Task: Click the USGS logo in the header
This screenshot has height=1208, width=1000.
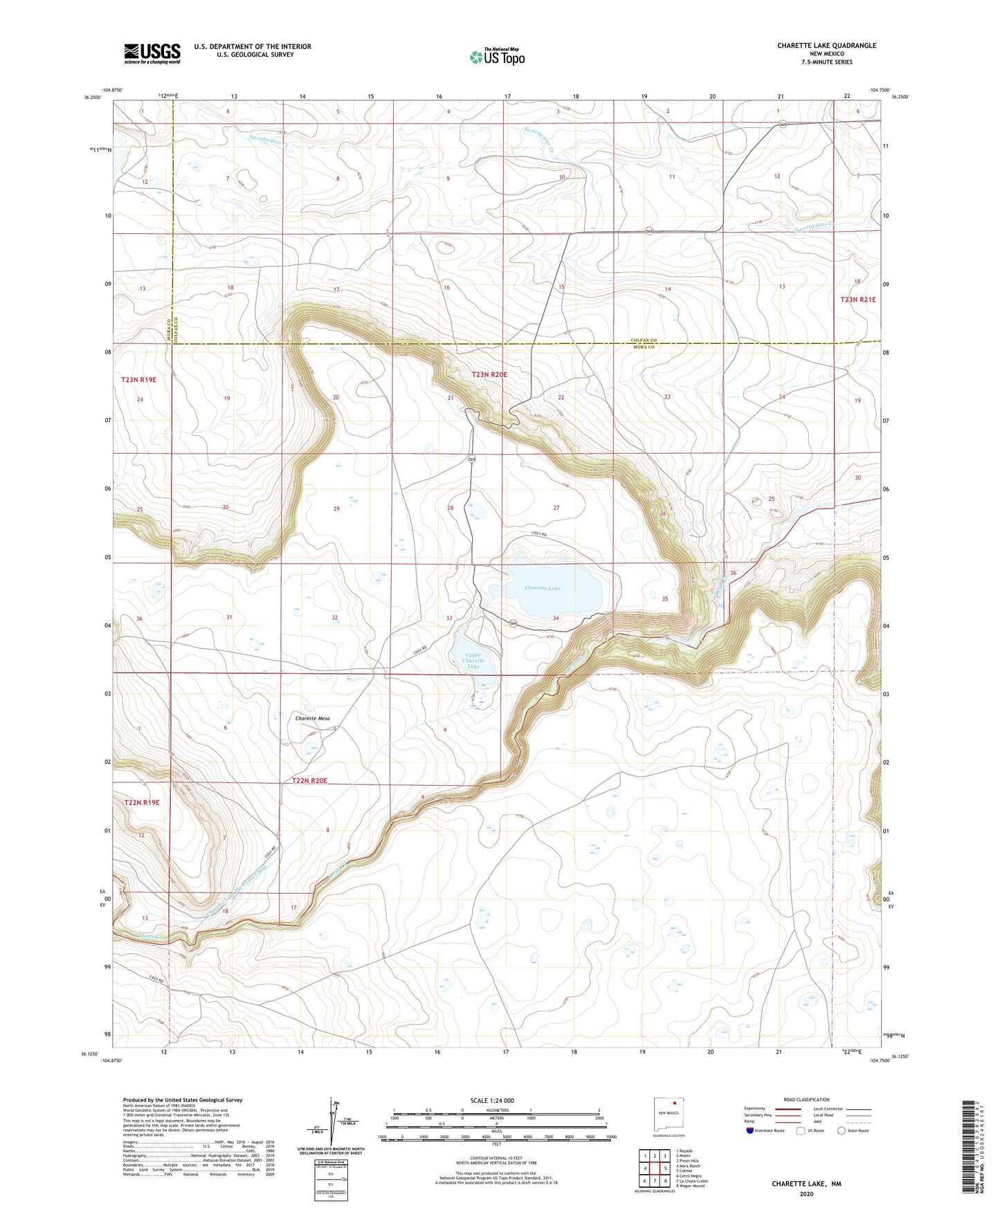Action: click(x=152, y=53)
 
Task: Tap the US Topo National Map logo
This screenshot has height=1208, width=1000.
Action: click(x=497, y=57)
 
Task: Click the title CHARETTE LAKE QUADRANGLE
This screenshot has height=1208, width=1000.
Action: click(x=826, y=46)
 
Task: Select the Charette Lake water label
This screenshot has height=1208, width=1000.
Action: click(x=542, y=587)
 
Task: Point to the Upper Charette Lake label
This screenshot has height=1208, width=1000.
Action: click(x=473, y=660)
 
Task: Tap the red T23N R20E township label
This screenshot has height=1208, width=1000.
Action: click(x=489, y=374)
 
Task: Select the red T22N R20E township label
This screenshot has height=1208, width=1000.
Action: click(x=309, y=780)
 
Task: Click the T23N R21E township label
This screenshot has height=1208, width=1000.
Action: click(x=857, y=300)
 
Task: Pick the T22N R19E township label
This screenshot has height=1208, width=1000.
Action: click(x=142, y=802)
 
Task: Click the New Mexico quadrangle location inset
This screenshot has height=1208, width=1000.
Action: click(x=671, y=1117)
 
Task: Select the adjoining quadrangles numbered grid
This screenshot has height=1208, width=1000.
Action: click(x=655, y=1169)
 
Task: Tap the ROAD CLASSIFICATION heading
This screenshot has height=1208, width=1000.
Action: click(x=806, y=1099)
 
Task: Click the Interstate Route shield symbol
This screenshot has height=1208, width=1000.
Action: click(x=750, y=1131)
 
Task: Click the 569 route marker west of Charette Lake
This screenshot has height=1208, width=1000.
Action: click(x=472, y=459)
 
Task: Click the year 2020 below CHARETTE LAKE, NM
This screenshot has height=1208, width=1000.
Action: click(x=806, y=1193)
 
